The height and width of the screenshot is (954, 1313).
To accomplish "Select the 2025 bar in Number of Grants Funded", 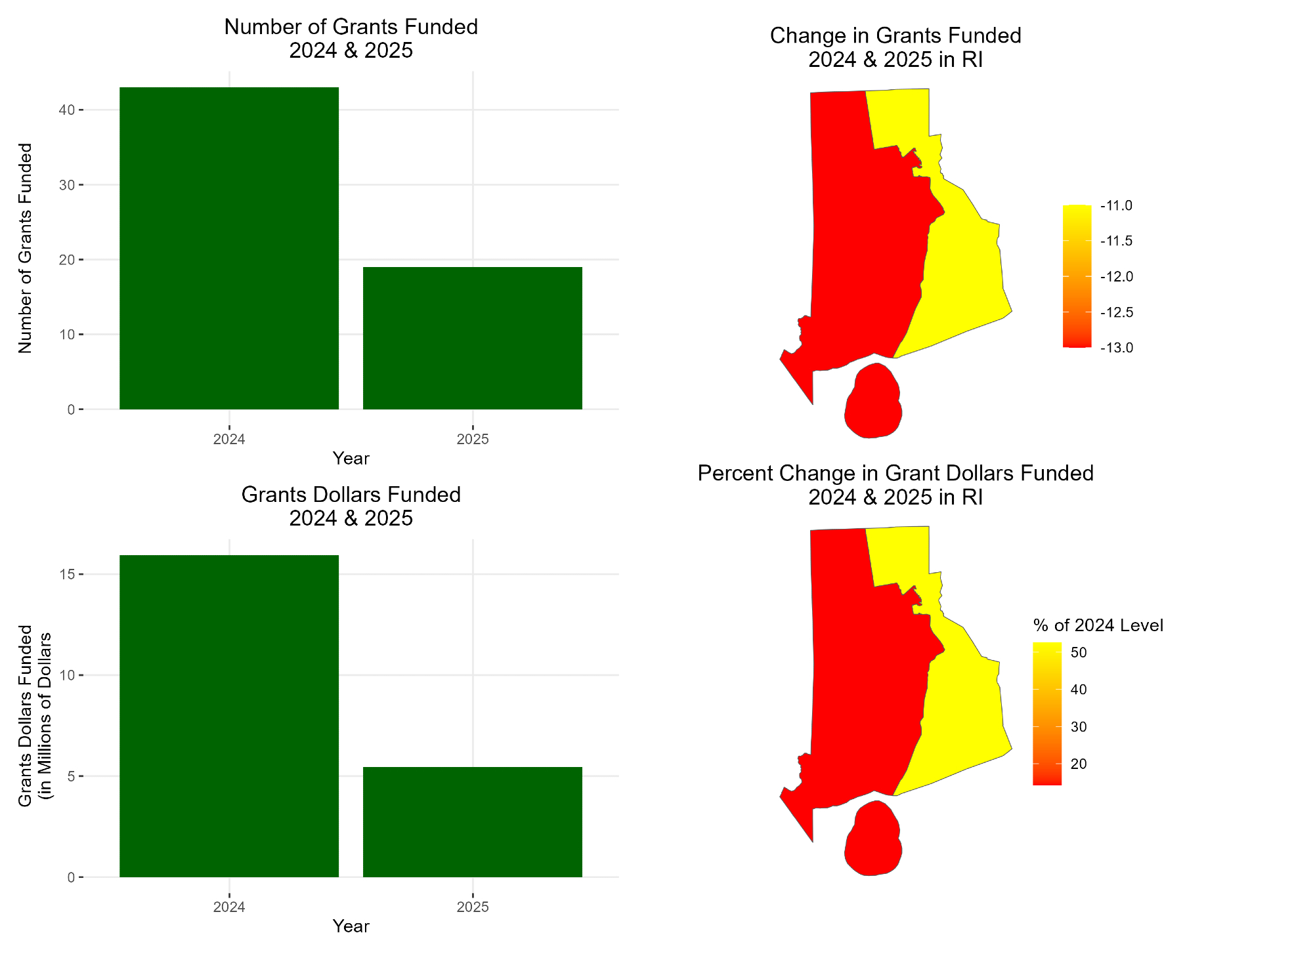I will pos(473,338).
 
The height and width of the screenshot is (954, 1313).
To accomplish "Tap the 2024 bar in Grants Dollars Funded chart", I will pos(229,715).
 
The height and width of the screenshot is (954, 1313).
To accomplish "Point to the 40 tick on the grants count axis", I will pos(66,110).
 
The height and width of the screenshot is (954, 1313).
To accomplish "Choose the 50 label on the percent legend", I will pos(1079,653).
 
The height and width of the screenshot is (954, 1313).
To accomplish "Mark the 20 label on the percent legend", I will pos(1079,764).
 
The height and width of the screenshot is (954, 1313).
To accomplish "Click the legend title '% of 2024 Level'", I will pos(1098,625).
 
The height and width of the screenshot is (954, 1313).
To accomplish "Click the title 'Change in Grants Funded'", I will pos(895,35).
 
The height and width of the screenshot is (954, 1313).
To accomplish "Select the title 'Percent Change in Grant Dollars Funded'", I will pos(895,473).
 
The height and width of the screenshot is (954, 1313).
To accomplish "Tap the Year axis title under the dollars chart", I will pos(351,926).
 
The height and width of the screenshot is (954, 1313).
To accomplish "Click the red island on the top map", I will pos(873,401).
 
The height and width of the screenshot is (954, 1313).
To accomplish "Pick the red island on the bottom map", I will pos(873,839).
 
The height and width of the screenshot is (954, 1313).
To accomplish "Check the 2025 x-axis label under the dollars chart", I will pos(473,907).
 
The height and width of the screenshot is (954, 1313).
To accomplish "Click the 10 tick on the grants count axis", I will pos(66,335).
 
